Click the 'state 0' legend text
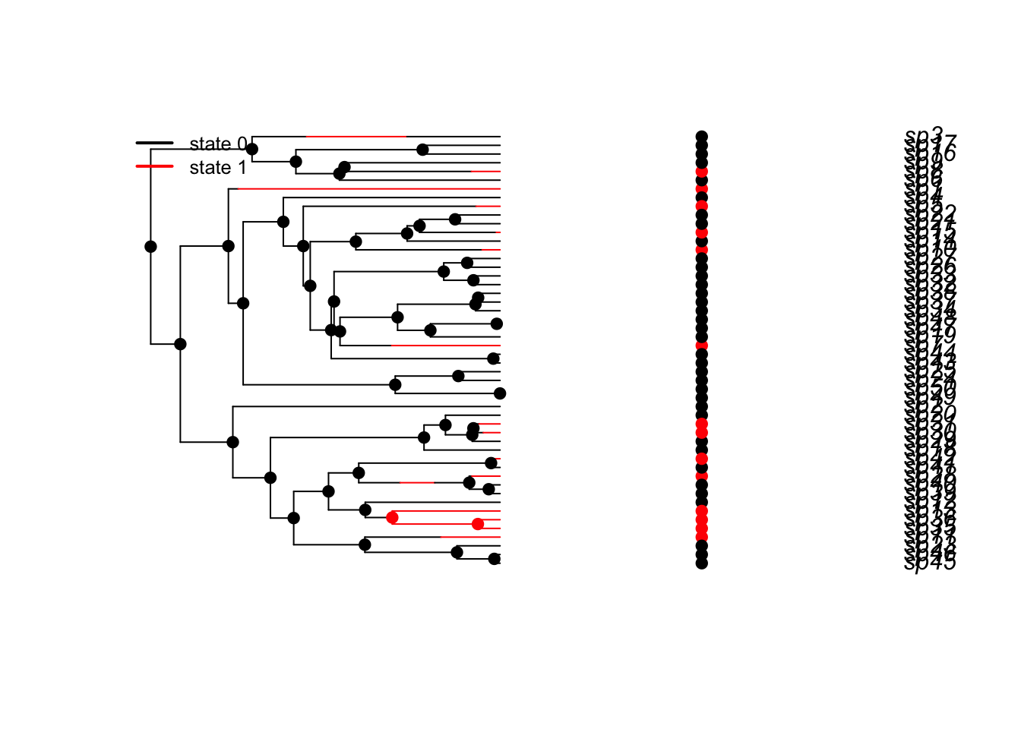[x=218, y=144]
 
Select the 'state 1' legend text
[x=218, y=168]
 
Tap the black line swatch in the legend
[x=155, y=143]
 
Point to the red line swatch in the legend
[x=155, y=166]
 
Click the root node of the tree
[x=150, y=246]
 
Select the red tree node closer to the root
[x=392, y=517]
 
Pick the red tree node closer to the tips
[x=477, y=524]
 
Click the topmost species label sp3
[x=924, y=135]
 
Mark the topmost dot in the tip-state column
[x=702, y=137]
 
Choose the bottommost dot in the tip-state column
[x=702, y=563]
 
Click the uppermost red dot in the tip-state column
[x=702, y=172]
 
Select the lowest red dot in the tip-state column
[x=702, y=537]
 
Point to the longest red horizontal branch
[x=365, y=188]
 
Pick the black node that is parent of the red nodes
[x=365, y=510]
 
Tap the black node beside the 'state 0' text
[x=252, y=149]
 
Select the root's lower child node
[x=180, y=344]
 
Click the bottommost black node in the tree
[x=495, y=559]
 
